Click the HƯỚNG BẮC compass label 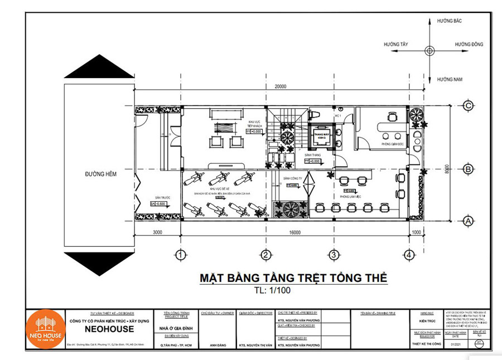pyautogui.click(x=451, y=20)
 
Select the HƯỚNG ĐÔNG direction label pyautogui.click(x=469, y=44)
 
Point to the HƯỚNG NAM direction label pyautogui.click(x=450, y=80)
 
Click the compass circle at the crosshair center pyautogui.click(x=429, y=50)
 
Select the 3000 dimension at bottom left pyautogui.click(x=157, y=232)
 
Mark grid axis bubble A pyautogui.click(x=469, y=221)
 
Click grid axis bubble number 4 pyautogui.click(x=410, y=255)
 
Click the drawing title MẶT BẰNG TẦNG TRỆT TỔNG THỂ pyautogui.click(x=293, y=278)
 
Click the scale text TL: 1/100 pyautogui.click(x=272, y=290)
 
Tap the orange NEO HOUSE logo pyautogui.click(x=46, y=329)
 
